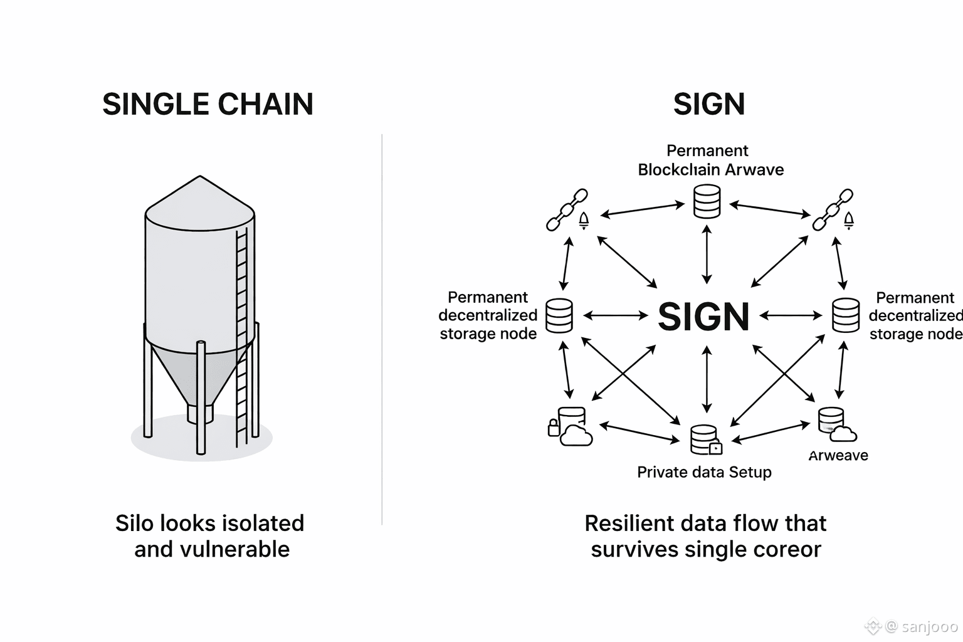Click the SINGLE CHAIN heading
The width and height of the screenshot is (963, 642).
(x=208, y=104)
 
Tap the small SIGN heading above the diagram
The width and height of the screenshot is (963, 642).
(x=709, y=104)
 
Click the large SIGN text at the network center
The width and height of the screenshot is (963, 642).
(x=703, y=317)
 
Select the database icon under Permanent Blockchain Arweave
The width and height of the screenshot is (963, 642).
(x=707, y=202)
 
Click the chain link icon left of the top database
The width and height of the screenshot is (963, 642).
(x=567, y=210)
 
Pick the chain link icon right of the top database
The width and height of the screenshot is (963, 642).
(x=833, y=210)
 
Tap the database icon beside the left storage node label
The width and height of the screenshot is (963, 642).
(x=559, y=315)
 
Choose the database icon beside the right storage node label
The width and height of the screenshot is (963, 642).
(x=845, y=315)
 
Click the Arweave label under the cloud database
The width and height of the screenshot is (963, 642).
(x=838, y=456)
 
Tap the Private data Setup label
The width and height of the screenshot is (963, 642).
(x=704, y=472)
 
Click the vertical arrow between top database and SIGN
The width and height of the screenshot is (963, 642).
(x=707, y=255)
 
